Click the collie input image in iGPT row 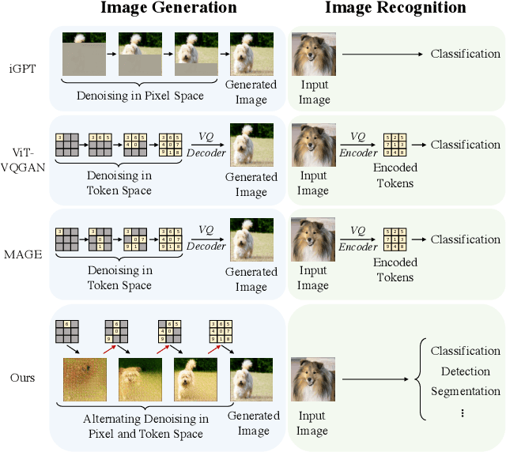[312, 54]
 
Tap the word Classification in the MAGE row [466, 239]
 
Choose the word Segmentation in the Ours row [466, 391]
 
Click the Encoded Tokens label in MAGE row [395, 270]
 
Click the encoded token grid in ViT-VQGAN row [395, 145]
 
